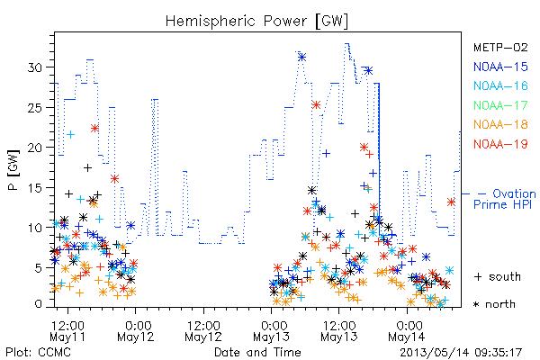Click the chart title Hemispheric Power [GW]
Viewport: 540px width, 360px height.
256,21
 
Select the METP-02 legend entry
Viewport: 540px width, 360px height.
500,47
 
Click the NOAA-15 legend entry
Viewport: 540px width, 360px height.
500,67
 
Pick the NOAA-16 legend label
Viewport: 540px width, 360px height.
500,85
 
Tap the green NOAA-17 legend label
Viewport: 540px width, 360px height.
500,105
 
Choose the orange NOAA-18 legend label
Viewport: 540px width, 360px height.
500,124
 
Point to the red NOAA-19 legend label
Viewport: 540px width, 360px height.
500,144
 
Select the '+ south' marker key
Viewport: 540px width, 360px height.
498,276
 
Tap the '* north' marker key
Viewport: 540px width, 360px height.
494,304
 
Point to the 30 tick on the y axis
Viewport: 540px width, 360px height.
35,67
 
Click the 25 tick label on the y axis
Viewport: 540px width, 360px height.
35,107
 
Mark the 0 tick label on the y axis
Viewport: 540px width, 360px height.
39,304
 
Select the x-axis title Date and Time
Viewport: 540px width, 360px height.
257,353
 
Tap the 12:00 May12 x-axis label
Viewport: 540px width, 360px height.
203,331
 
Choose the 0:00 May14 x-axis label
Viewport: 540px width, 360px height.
407,331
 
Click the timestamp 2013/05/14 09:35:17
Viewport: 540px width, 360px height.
461,353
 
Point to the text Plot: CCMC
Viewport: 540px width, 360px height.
38,353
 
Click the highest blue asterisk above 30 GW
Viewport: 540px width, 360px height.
302,58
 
